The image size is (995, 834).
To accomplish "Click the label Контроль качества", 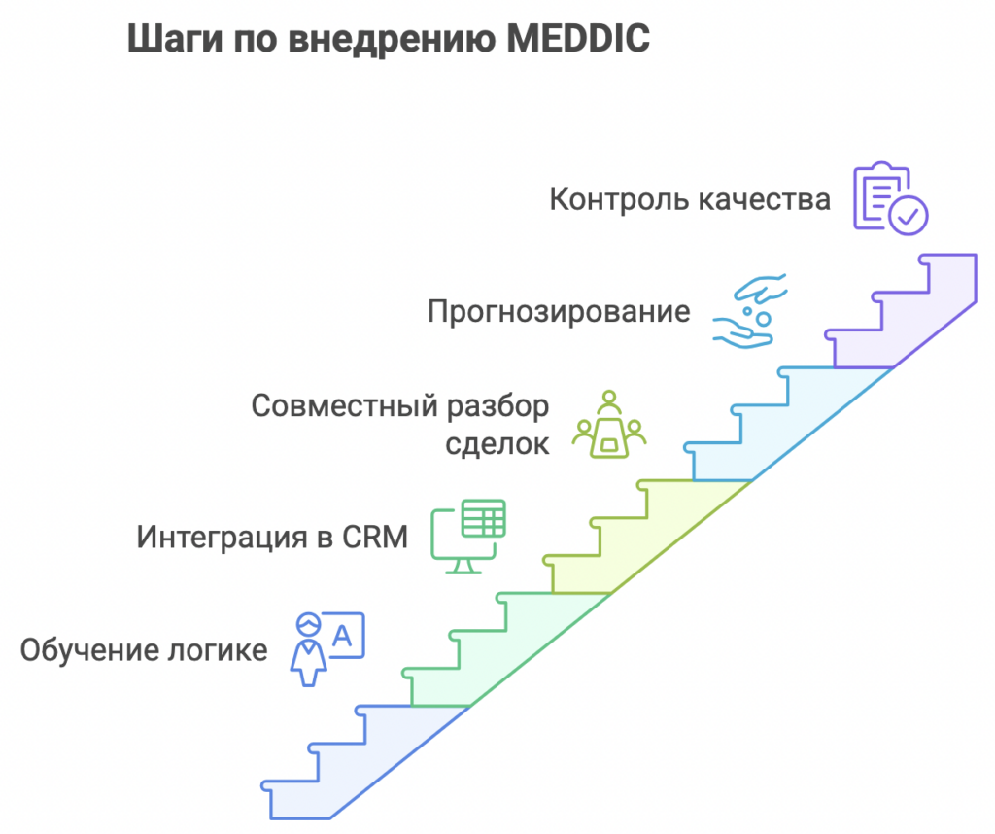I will pyautogui.click(x=690, y=199).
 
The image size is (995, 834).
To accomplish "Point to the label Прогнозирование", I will pyautogui.click(x=559, y=312).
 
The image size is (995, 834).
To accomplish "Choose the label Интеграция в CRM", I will pyautogui.click(x=272, y=537).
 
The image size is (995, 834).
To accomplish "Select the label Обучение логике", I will pyautogui.click(x=144, y=649).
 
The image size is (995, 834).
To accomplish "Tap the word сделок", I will pyautogui.click(x=498, y=444).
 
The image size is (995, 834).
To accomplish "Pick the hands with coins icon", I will pyautogui.click(x=750, y=311).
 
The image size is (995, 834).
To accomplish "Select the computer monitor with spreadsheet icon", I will pyautogui.click(x=469, y=536).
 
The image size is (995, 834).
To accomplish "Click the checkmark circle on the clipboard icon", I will pyautogui.click(x=910, y=215).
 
